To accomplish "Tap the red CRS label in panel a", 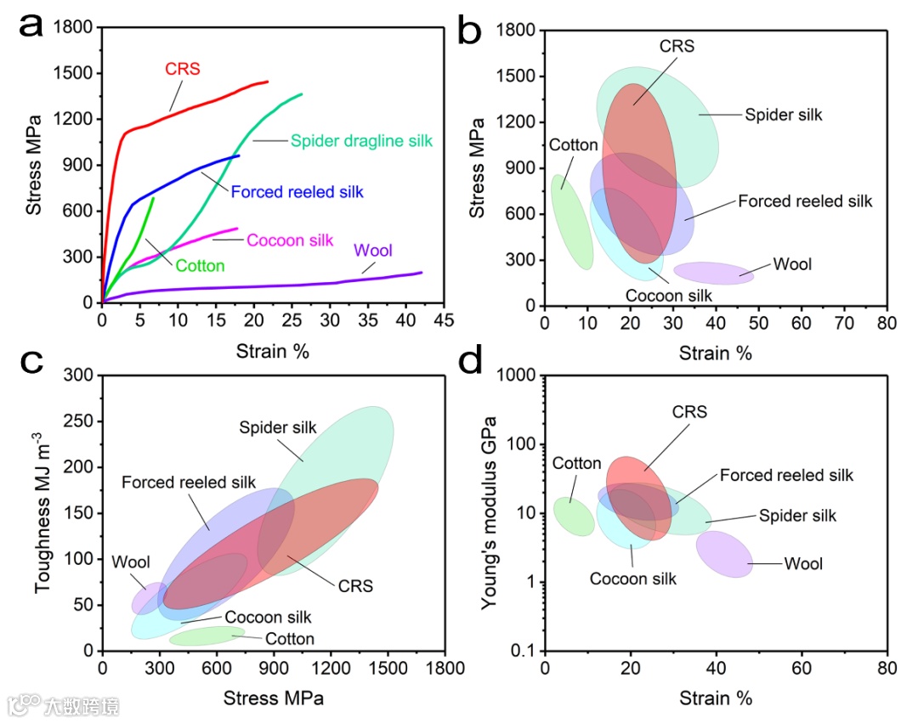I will pos(182,69).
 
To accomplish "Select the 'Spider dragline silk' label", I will pos(362,141).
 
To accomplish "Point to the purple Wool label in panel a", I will pos(373,251).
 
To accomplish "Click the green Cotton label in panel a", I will pos(200,266).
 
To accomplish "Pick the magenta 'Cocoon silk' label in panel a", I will pos(290,240).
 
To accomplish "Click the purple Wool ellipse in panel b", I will pos(712,273).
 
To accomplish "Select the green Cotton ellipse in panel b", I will pos(571,222).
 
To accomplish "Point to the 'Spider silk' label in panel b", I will pos(784,115).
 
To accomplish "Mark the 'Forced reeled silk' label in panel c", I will pos(188,483).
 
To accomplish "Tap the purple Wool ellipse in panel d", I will pos(724,554).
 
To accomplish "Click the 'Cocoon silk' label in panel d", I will pos(633,579).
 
